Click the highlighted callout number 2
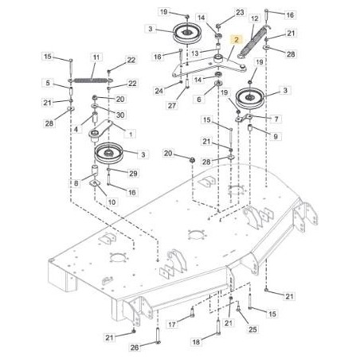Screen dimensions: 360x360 pos(237,40)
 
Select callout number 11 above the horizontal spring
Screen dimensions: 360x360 pos(96,57)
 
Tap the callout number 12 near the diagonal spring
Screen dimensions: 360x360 pos(254,18)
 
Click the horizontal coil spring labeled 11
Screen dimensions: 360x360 pos(90,80)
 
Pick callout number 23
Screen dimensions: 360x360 pos(240,13)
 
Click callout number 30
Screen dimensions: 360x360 pos(120,115)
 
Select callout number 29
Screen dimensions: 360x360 pos(133,174)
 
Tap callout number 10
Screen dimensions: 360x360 pos(112,202)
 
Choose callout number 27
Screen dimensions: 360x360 pos(172,106)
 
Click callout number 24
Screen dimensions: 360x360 pos(158,91)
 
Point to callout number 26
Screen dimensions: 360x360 pos(135,347)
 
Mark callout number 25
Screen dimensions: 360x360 pos(252,330)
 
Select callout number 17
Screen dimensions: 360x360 pos(172,324)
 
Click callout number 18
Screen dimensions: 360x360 pos(196,342)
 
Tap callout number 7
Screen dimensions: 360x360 pos(276,119)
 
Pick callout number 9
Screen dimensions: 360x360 pos(276,136)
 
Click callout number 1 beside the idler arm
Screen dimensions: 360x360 pos(131,134)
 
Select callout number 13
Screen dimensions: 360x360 pos(194,53)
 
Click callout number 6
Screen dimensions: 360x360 pos(198,100)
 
